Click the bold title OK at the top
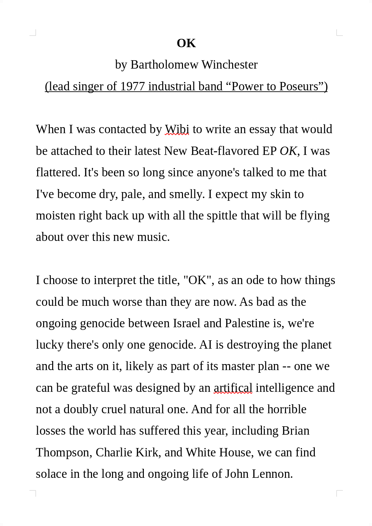click(186, 43)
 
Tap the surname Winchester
click(229, 65)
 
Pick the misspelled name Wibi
click(177, 129)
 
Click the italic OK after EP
click(288, 151)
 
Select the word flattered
click(58, 172)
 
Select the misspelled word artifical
click(233, 388)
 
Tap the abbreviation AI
click(206, 345)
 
